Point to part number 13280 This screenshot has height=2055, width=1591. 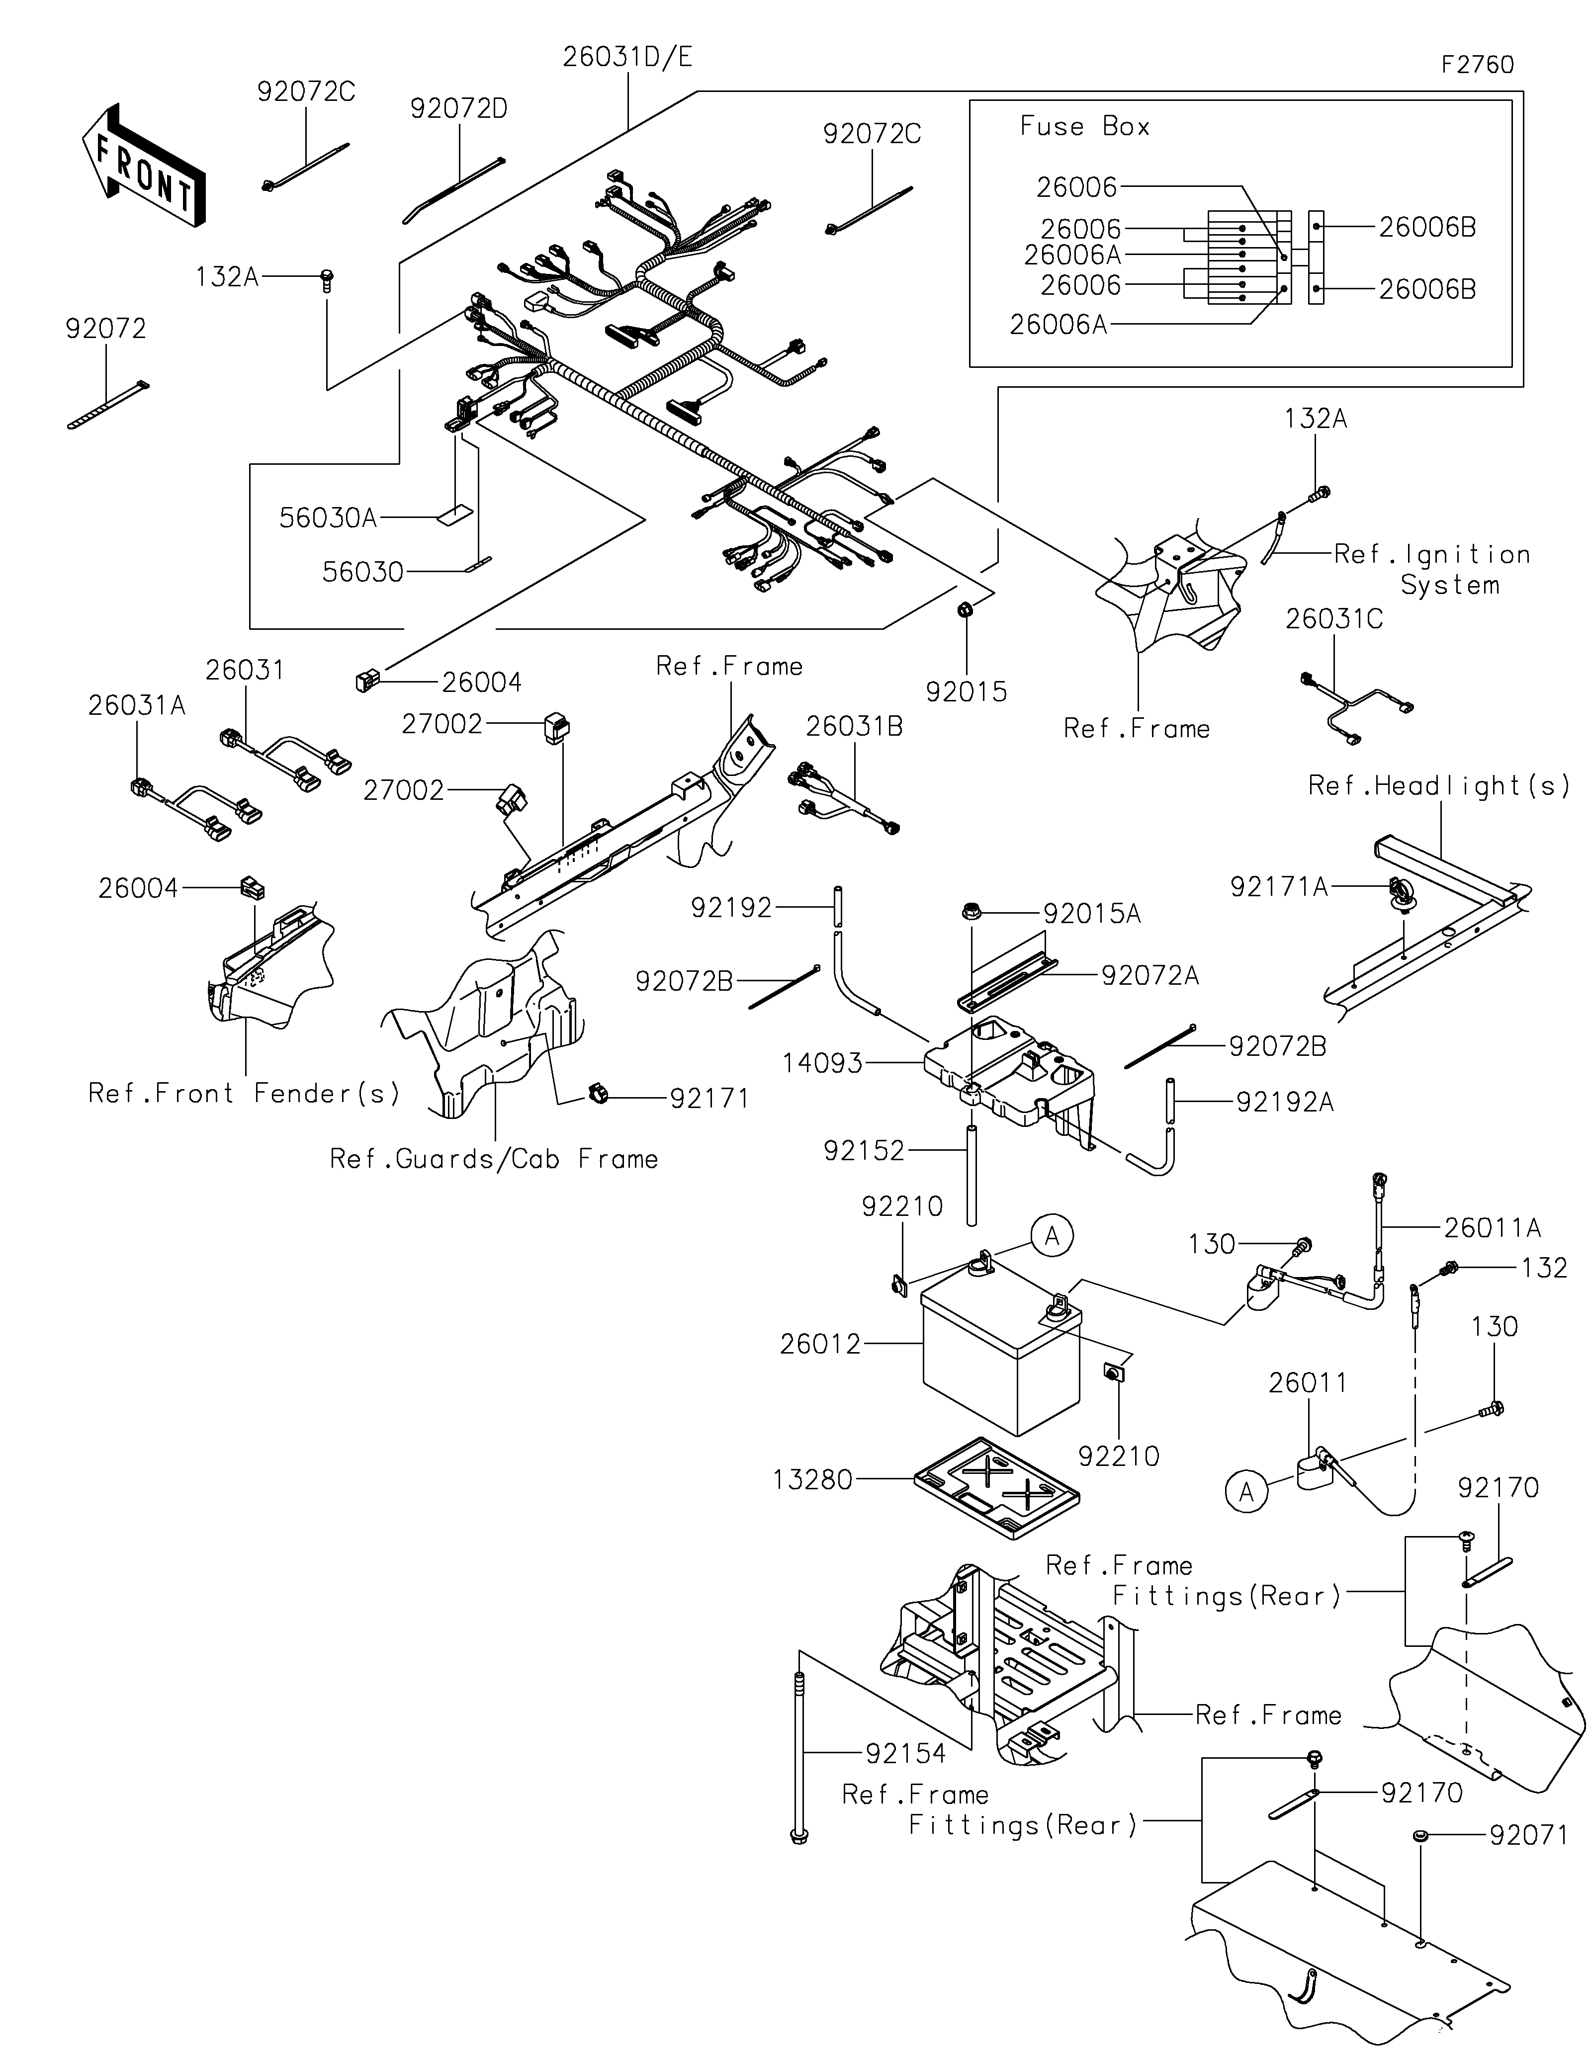[812, 1480]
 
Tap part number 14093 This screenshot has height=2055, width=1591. [822, 1063]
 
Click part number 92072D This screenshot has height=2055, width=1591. [458, 109]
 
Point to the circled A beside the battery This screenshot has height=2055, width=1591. [1052, 1235]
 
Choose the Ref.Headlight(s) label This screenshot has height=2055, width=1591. [1438, 786]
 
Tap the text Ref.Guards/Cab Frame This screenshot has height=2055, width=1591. [493, 1159]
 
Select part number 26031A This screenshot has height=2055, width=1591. [136, 706]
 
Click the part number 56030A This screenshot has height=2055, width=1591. [328, 517]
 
